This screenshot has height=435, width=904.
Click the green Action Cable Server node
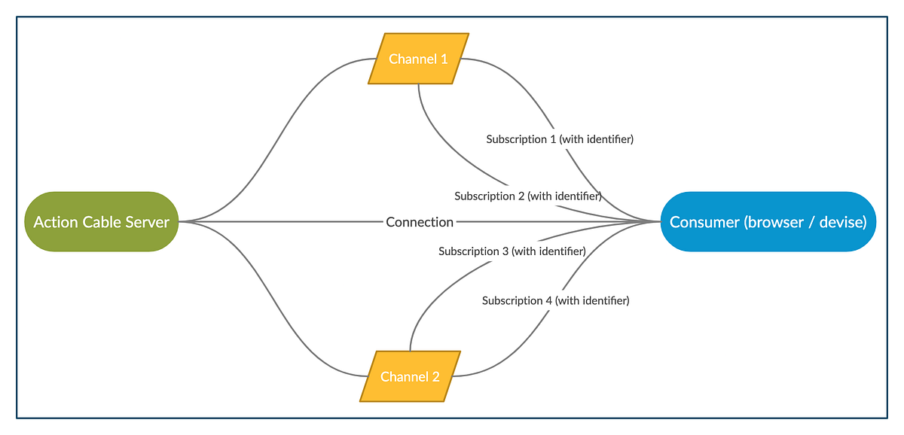click(x=102, y=222)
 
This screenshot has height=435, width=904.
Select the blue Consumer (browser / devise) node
click(x=768, y=222)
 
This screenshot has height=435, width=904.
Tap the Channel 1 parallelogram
click(x=419, y=59)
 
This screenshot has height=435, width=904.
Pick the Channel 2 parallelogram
click(x=410, y=376)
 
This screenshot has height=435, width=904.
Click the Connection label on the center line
click(x=420, y=222)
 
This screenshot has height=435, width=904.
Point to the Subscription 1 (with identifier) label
click(x=560, y=139)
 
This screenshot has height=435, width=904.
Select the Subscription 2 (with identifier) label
click(x=527, y=196)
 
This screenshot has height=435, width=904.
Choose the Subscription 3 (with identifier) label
click(x=512, y=251)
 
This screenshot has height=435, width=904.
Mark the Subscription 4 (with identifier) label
click(x=555, y=300)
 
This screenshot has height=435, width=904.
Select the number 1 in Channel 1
click(x=444, y=59)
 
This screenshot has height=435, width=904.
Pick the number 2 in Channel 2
click(x=435, y=376)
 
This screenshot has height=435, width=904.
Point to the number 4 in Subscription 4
click(x=548, y=300)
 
